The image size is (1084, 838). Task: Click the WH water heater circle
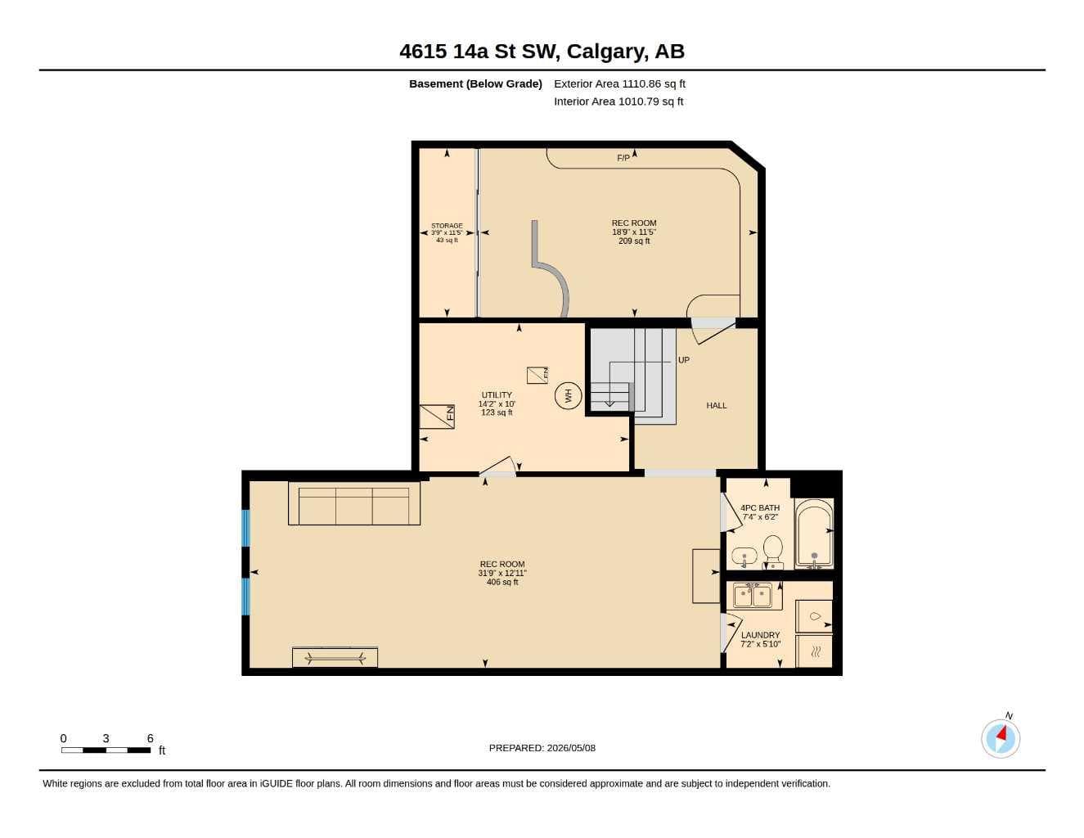(568, 395)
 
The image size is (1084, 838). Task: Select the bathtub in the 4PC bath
(814, 534)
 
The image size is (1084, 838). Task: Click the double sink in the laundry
(753, 596)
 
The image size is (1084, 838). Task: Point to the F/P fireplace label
(623, 158)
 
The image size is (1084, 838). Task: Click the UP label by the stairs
(683, 360)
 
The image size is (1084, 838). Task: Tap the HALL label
(717, 406)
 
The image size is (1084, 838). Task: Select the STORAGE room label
(447, 226)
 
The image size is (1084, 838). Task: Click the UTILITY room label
(497, 395)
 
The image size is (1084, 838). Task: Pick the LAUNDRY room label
(760, 635)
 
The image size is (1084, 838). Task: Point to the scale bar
(106, 750)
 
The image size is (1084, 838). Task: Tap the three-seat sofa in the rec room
(354, 502)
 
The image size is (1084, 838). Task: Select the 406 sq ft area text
(502, 582)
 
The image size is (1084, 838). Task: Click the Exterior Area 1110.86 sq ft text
(619, 83)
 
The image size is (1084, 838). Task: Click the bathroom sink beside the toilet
(744, 556)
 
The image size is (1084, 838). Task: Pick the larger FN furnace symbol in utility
(437, 417)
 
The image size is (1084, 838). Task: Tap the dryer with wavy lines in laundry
(814, 651)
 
